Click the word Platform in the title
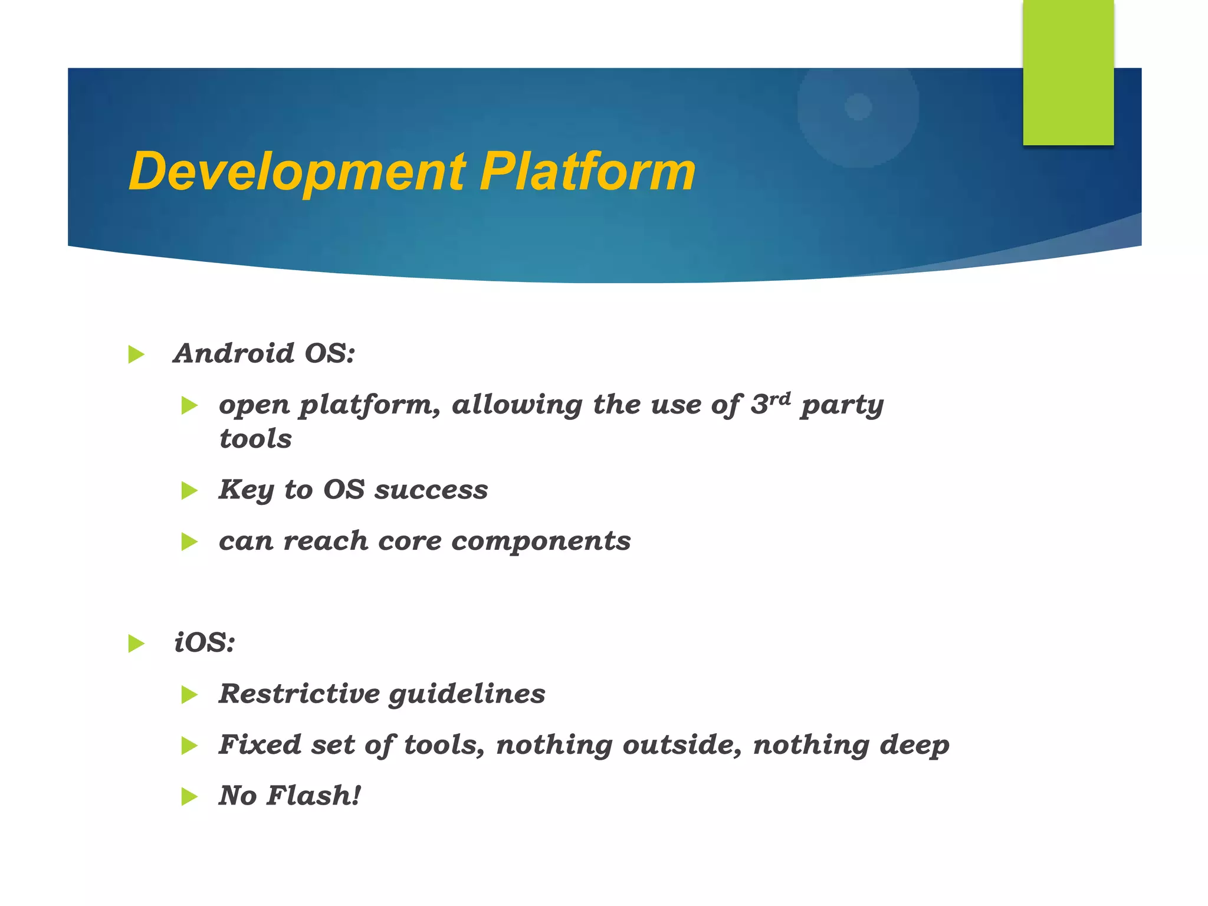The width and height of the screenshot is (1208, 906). (587, 172)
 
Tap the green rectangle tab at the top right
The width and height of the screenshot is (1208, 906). (1068, 72)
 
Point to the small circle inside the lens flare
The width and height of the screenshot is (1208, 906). (858, 107)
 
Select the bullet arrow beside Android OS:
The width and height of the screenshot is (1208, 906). (136, 354)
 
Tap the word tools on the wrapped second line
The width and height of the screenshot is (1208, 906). (255, 439)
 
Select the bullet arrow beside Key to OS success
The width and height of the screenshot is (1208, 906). (189, 490)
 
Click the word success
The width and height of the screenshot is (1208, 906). (431, 490)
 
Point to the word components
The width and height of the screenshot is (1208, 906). (541, 541)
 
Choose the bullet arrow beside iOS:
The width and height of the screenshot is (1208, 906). (136, 644)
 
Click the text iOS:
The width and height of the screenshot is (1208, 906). (205, 642)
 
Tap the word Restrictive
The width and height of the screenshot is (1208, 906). (299, 694)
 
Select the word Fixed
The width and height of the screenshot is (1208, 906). (260, 744)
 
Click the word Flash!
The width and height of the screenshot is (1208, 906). (313, 796)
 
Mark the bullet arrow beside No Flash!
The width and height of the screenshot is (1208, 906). (189, 797)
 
